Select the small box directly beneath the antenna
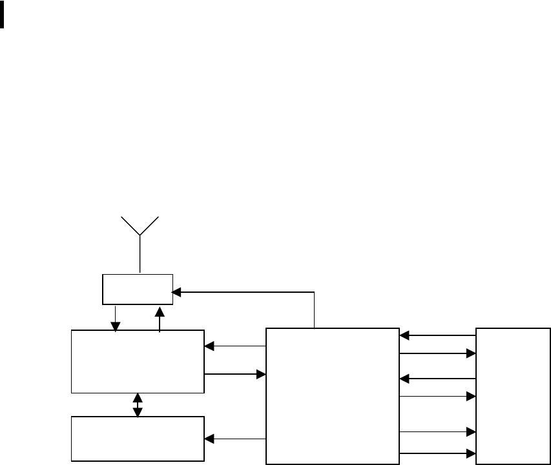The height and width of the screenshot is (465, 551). click(x=138, y=289)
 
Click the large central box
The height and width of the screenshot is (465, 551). click(x=332, y=395)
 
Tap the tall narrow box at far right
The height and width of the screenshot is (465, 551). click(x=514, y=395)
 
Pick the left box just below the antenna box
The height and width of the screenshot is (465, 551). click(x=138, y=361)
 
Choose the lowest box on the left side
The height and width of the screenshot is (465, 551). click(x=138, y=439)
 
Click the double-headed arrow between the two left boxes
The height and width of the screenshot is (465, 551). click(x=138, y=404)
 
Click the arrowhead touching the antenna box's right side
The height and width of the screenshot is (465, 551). click(x=176, y=292)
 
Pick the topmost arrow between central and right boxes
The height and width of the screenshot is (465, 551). click(x=438, y=335)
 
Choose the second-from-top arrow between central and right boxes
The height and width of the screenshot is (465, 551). click(x=438, y=353)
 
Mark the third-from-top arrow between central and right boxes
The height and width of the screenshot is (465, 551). click(x=438, y=378)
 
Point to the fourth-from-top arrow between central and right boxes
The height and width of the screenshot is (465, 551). click(x=438, y=397)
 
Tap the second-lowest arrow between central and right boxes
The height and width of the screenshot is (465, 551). click(x=438, y=431)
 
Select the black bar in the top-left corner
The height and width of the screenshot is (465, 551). click(x=3, y=14)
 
